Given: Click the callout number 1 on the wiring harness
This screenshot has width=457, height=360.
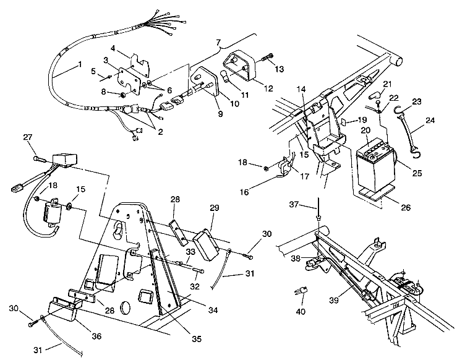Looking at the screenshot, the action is click(80, 64).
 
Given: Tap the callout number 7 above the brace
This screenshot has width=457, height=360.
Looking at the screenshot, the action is click(218, 42).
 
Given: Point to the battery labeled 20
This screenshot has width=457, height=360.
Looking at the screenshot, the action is click(375, 168).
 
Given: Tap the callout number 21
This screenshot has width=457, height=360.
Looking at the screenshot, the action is click(387, 84).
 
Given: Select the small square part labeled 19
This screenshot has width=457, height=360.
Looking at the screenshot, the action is click(344, 121).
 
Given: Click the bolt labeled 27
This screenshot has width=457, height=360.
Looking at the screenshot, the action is click(40, 159).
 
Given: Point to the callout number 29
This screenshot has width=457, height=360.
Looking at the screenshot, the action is click(214, 208).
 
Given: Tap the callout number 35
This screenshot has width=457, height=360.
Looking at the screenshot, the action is click(197, 339).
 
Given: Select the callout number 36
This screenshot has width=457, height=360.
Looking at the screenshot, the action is click(96, 336).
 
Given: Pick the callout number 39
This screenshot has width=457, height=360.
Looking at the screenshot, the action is click(334, 300).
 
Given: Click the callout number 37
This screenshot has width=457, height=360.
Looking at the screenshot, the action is click(294, 204).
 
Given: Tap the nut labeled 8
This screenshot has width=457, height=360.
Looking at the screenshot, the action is click(122, 95).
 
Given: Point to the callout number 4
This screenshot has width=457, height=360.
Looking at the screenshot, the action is click(113, 48).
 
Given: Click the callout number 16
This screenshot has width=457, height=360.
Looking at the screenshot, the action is click(244, 192).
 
